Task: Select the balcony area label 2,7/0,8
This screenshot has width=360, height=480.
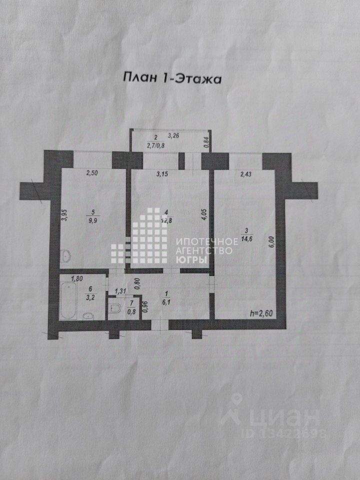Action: (155, 146)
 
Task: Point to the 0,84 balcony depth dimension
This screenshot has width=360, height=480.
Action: (206, 142)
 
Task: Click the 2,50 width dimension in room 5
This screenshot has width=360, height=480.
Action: (92, 174)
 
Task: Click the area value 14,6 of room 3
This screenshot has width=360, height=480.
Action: (246, 238)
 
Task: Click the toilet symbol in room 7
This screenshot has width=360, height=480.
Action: (114, 308)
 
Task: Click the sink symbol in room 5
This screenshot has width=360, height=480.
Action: (66, 258)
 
